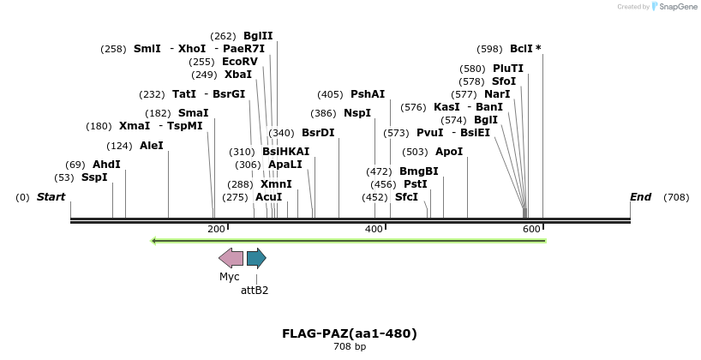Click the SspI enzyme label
click(94, 177)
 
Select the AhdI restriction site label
click(106, 165)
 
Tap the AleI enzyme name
click(151, 146)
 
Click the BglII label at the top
click(258, 36)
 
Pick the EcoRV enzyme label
click(239, 62)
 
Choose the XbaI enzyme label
click(238, 75)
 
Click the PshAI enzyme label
click(368, 94)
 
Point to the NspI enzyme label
click(357, 113)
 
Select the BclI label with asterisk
click(525, 49)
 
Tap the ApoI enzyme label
click(449, 152)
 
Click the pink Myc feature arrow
click(231, 258)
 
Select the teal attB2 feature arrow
click(256, 258)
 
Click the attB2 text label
click(255, 291)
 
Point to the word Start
click(51, 197)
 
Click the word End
click(640, 197)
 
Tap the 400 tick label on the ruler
click(374, 229)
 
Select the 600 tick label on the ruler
click(531, 229)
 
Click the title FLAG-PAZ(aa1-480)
click(350, 333)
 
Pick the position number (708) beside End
click(676, 197)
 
